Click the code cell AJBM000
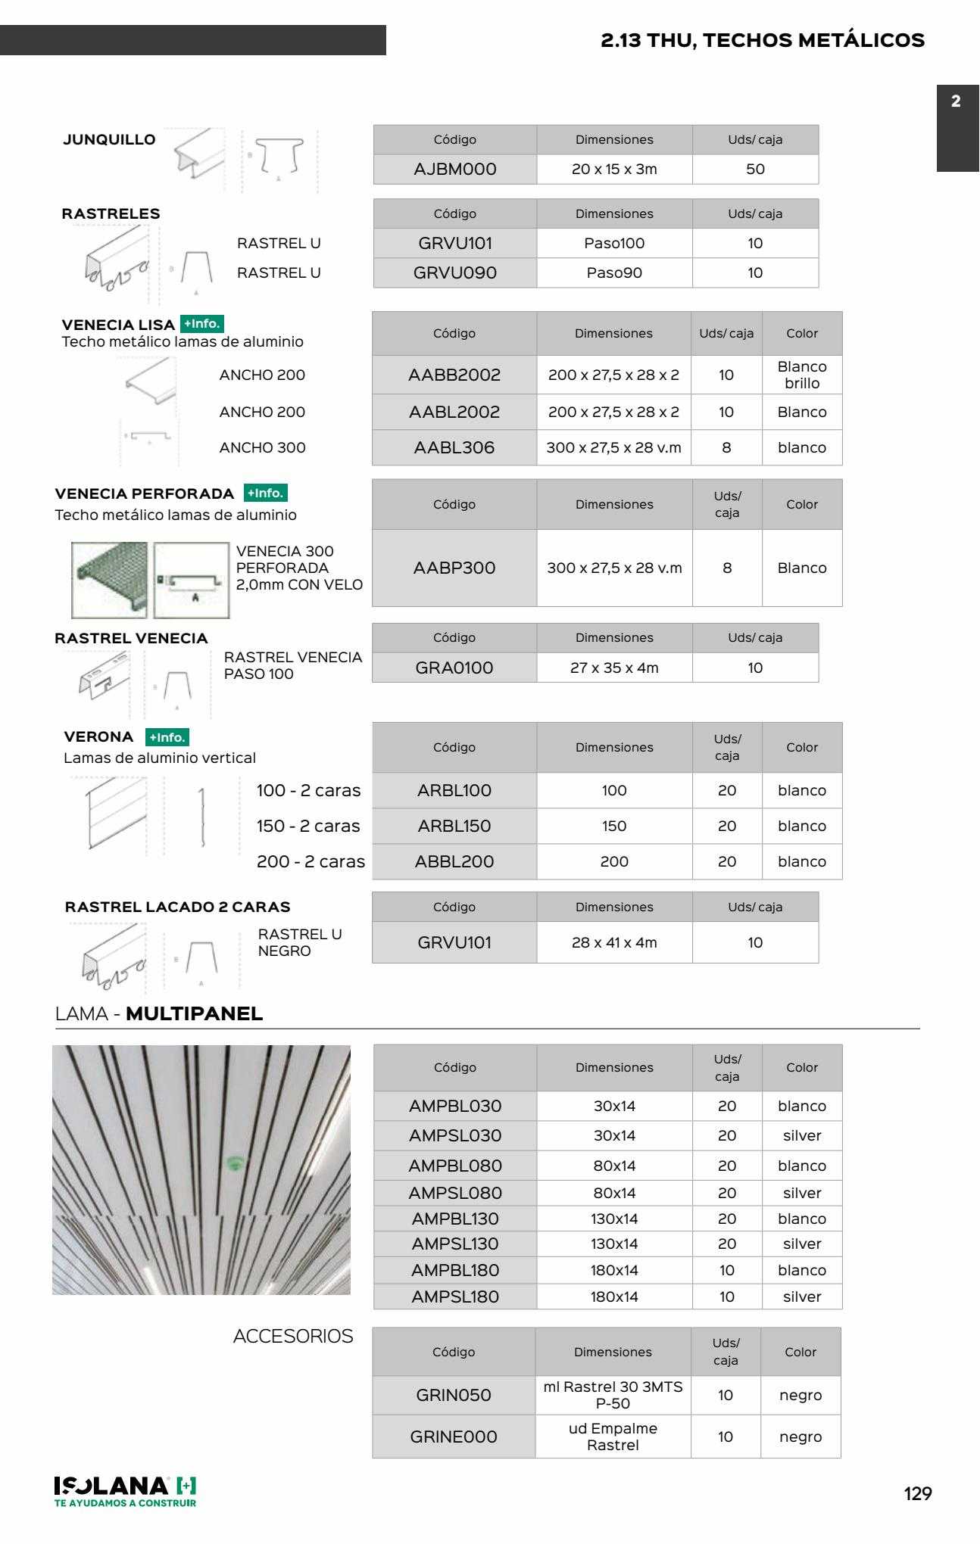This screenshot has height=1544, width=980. pos(455,170)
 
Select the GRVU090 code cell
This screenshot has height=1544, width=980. pos(455,273)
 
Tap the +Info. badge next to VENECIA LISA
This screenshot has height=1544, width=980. pos(202,324)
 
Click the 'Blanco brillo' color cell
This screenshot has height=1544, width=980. pos(802,375)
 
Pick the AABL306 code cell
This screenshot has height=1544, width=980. pos(454,448)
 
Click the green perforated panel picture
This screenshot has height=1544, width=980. pos(110,580)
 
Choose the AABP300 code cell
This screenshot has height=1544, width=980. pos(454,568)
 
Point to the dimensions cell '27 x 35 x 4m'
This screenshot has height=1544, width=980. pos(614,668)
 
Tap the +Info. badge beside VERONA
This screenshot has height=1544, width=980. pos(167,737)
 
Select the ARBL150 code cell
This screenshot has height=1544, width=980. pos(454,826)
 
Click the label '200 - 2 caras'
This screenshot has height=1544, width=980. pos(311,862)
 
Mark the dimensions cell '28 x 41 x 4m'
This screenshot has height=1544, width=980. pos(614,943)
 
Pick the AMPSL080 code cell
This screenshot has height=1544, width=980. pos(455,1194)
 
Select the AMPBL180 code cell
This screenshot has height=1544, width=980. pos(455,1271)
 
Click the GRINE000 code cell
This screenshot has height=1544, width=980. pos(454,1437)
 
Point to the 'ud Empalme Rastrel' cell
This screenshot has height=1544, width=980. pos(613,1437)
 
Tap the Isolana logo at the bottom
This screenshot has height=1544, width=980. pos(126,1491)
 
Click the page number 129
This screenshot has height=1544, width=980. pos(918,1494)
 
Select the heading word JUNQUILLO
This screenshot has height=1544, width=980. pos(109,140)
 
